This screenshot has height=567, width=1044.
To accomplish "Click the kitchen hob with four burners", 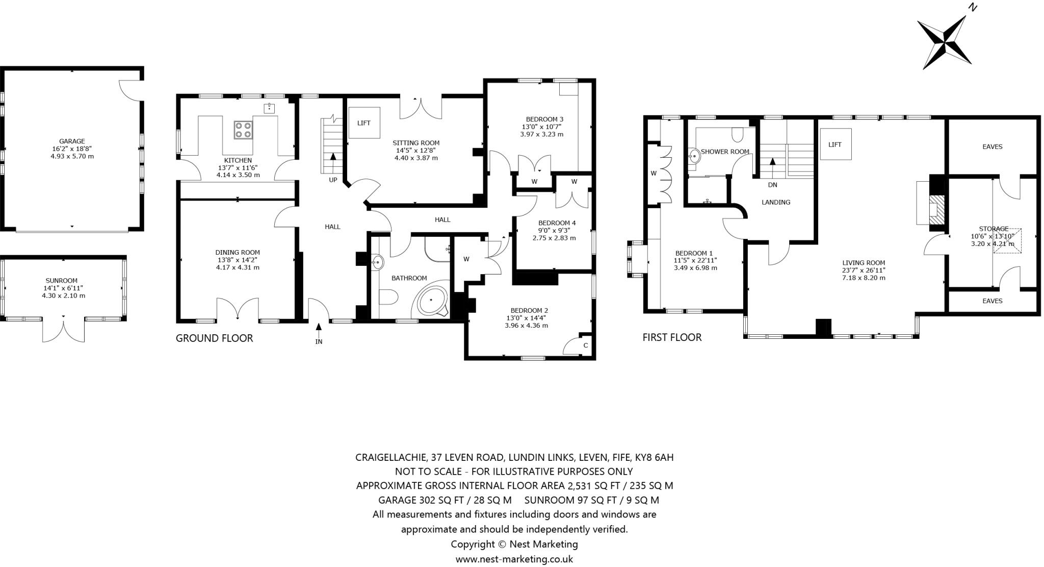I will (x=244, y=130).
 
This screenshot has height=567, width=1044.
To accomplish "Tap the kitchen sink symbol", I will (x=269, y=108).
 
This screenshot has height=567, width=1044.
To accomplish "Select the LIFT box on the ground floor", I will (x=364, y=123).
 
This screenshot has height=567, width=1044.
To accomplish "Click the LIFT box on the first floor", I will (x=835, y=144).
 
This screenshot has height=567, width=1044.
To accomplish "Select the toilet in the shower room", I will (x=737, y=135).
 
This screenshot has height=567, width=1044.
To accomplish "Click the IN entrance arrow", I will (x=319, y=330).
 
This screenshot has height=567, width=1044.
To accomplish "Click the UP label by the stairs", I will (x=333, y=180).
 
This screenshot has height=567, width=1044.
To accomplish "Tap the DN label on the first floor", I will (x=772, y=185).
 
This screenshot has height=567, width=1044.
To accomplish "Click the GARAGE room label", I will (x=72, y=141).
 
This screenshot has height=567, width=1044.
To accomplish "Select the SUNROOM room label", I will (x=62, y=280).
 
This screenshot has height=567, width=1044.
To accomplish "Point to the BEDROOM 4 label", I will (x=557, y=223).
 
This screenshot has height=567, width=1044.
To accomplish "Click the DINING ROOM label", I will (x=238, y=252).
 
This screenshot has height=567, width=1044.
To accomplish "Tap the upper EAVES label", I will (x=992, y=146).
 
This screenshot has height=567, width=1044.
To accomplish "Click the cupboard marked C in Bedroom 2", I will (x=585, y=346).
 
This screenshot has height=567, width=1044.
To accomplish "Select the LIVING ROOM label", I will (x=864, y=263).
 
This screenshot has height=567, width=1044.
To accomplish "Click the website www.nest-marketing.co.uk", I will (x=514, y=559).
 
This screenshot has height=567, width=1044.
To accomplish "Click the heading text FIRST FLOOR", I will (x=672, y=337).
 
